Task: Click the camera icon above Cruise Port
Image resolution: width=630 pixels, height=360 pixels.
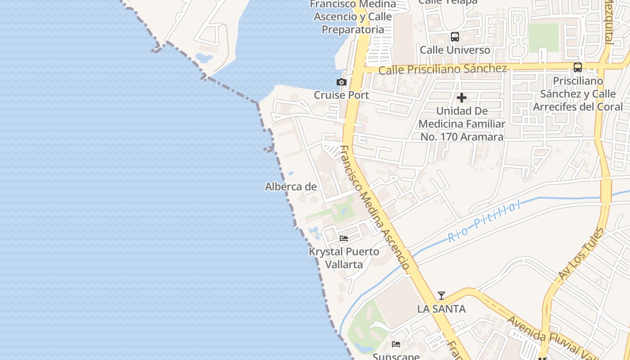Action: pos(342,82)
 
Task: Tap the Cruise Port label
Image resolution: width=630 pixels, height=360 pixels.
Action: pos(341,95)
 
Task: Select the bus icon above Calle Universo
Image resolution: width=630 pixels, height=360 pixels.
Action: pos(455,37)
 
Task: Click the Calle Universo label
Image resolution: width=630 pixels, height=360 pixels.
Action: pos(455,50)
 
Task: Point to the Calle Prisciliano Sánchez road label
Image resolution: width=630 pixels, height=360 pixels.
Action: pos(442,69)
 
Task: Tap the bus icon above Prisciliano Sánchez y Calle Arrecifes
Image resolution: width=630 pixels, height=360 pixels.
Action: pos(578,67)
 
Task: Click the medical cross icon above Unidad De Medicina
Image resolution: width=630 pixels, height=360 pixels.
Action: pos(462,98)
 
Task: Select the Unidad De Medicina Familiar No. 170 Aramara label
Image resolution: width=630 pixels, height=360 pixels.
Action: pos(462,124)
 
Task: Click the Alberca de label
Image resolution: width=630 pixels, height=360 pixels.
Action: pos(291,187)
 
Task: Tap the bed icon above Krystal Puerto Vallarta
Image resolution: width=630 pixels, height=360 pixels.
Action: pos(344,238)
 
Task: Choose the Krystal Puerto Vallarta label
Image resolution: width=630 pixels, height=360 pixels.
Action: pos(344,258)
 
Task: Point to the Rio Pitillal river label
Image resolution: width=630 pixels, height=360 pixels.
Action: pos(484,221)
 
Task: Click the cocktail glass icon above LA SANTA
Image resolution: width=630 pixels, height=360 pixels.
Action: pos(441,296)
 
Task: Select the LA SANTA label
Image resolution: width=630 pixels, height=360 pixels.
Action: pos(441,309)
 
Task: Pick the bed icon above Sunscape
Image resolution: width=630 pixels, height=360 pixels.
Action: pos(396,344)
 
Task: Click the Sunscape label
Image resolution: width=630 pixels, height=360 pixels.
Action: pos(396,356)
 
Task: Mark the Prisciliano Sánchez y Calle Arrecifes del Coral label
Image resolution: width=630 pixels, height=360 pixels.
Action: pos(578,94)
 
